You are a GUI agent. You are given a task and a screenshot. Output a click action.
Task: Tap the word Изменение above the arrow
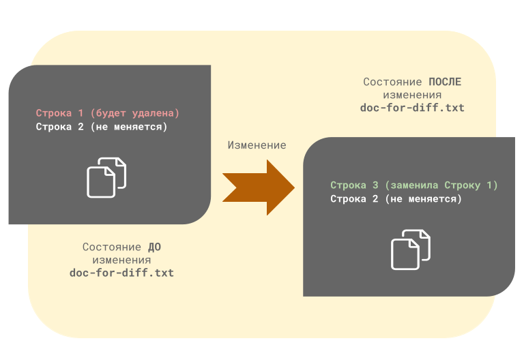(x=257, y=145)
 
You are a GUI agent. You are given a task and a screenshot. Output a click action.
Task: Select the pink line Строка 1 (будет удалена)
(x=108, y=112)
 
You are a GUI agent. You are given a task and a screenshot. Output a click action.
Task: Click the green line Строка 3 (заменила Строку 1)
(x=414, y=185)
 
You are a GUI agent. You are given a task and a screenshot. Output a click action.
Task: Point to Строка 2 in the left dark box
(x=102, y=126)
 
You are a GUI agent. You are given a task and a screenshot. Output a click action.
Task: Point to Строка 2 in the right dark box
(x=396, y=199)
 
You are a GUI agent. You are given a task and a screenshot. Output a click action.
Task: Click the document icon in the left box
(x=106, y=177)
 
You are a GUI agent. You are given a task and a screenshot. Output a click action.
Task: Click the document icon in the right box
(x=411, y=250)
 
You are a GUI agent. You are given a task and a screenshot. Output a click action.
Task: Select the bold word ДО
(x=154, y=247)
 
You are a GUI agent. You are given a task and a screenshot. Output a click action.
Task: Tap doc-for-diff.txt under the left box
(x=121, y=273)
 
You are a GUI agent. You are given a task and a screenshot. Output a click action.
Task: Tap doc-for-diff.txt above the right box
(x=412, y=108)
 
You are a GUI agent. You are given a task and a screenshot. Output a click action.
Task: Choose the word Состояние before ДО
(x=113, y=247)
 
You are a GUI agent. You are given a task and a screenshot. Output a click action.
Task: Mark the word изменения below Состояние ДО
(x=122, y=260)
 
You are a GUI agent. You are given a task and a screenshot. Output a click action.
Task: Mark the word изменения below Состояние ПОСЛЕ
(x=412, y=95)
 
